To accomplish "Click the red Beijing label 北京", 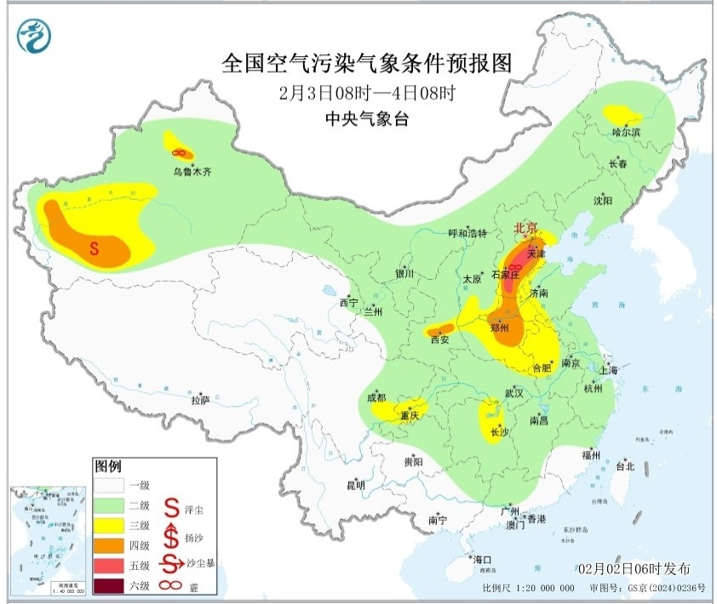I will [525, 229].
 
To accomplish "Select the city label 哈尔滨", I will [626, 132].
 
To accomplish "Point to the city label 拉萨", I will [200, 400].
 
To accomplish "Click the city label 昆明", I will [355, 485].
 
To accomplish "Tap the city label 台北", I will [624, 466].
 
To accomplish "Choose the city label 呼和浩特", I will [467, 233].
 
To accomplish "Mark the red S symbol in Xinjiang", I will [95, 248].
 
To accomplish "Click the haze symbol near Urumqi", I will [179, 152].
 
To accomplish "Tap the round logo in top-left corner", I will [35, 37].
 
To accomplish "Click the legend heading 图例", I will [108, 468].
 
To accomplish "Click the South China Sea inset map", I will [47, 539].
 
